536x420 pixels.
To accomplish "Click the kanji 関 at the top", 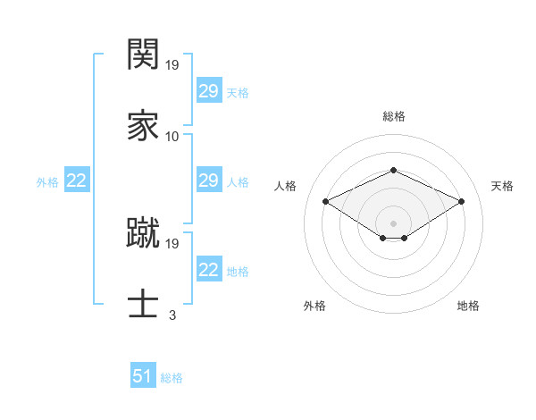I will click(143, 55).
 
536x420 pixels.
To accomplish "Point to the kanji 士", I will click(143, 302).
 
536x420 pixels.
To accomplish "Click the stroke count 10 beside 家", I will click(172, 136).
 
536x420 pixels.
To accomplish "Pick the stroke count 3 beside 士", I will click(172, 315).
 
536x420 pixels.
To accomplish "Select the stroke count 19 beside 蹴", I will click(173, 243).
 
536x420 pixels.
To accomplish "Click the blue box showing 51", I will click(143, 376).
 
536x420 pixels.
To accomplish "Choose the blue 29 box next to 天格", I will click(208, 91).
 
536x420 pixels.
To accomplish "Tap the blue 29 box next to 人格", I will click(208, 181).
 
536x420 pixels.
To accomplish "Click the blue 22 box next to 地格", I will click(208, 270).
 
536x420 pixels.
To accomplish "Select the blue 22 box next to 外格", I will click(77, 181).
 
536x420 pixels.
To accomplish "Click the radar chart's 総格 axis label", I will click(393, 116).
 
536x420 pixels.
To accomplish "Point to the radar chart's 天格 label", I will click(502, 186).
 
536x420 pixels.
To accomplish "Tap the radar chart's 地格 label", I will click(468, 307).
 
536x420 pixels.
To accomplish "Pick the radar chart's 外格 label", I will click(314, 307).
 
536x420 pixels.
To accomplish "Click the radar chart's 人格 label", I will click(285, 186).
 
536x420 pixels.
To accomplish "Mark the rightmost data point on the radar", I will click(461, 202).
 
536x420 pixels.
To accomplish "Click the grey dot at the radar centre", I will click(393, 223).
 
